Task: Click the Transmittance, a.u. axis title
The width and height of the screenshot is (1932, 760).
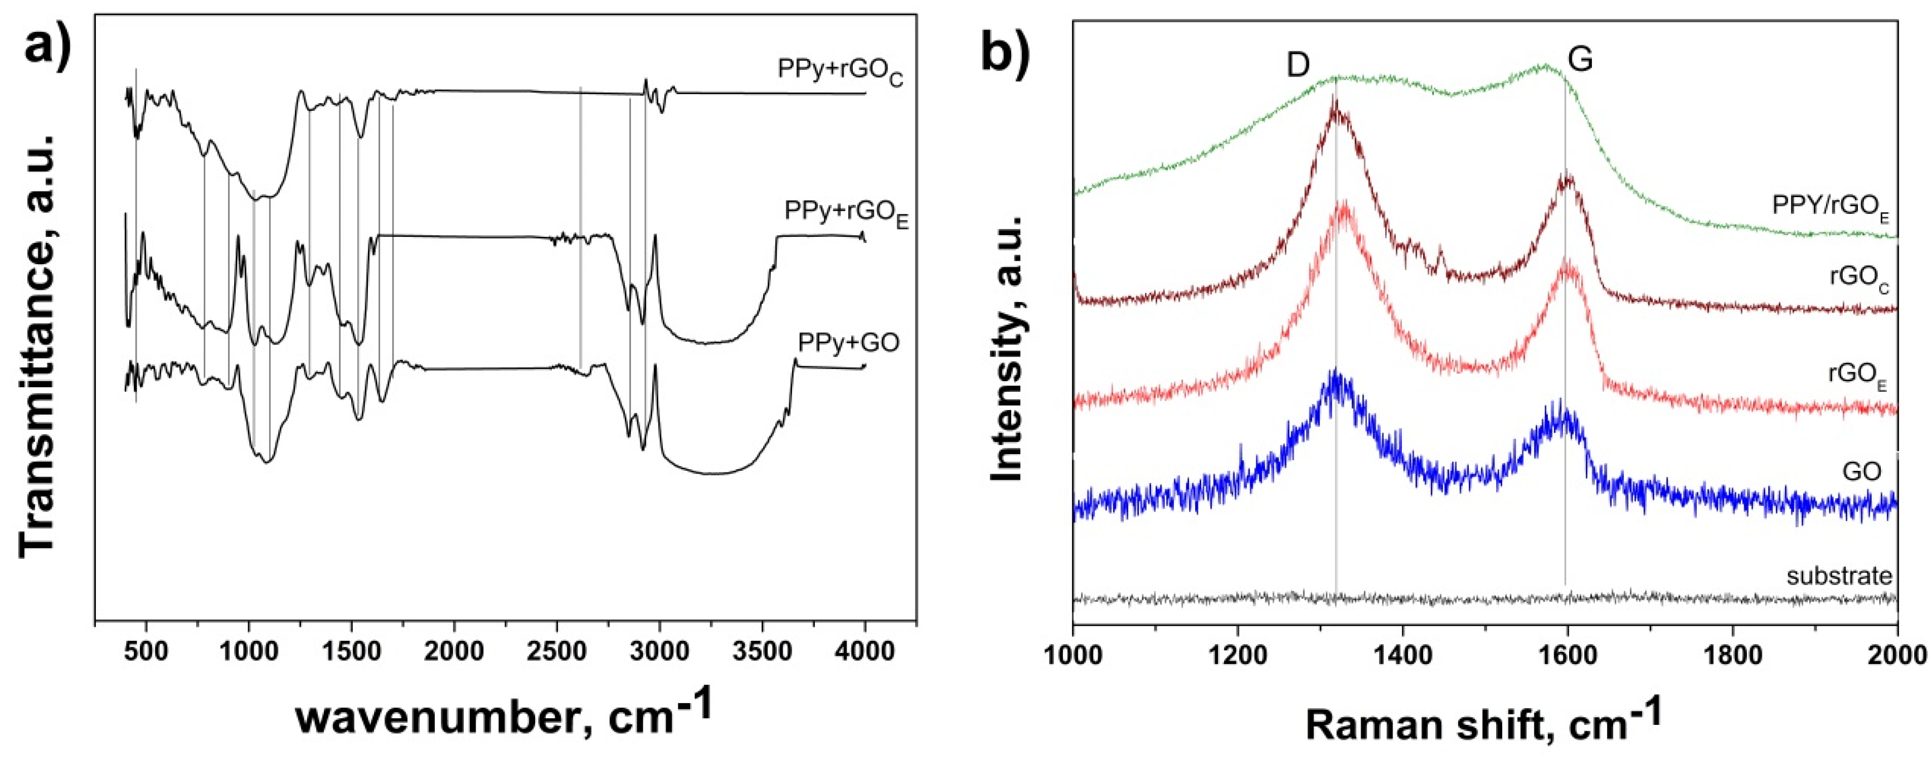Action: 37,345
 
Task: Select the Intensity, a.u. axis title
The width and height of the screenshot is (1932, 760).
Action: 1009,349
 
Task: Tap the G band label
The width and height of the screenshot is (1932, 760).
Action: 1580,60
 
